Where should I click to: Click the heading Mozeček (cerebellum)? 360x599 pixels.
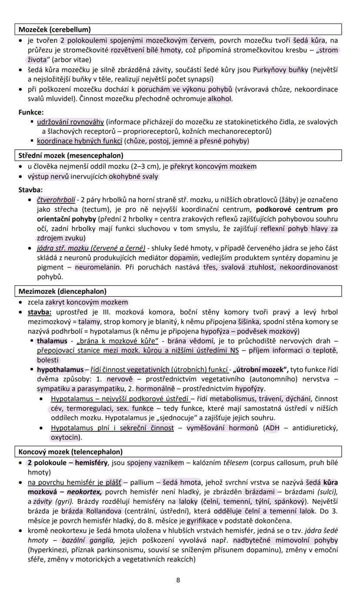point(54,30)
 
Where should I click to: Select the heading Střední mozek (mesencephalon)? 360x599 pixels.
point(71,155)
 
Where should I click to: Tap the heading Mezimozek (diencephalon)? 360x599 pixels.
point(62,291)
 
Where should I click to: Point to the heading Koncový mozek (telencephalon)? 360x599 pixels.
point(70,452)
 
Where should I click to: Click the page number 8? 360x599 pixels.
point(178,580)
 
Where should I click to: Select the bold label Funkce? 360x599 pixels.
point(31,112)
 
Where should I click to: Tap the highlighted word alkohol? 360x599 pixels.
point(220,99)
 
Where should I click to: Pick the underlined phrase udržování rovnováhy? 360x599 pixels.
point(70,122)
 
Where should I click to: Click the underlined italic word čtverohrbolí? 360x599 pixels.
point(56,200)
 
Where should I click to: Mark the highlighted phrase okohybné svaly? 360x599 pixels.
point(133,176)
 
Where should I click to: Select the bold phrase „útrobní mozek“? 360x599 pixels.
point(260,369)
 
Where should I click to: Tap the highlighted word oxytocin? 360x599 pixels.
point(65,437)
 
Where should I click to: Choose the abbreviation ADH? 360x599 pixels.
point(273,428)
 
